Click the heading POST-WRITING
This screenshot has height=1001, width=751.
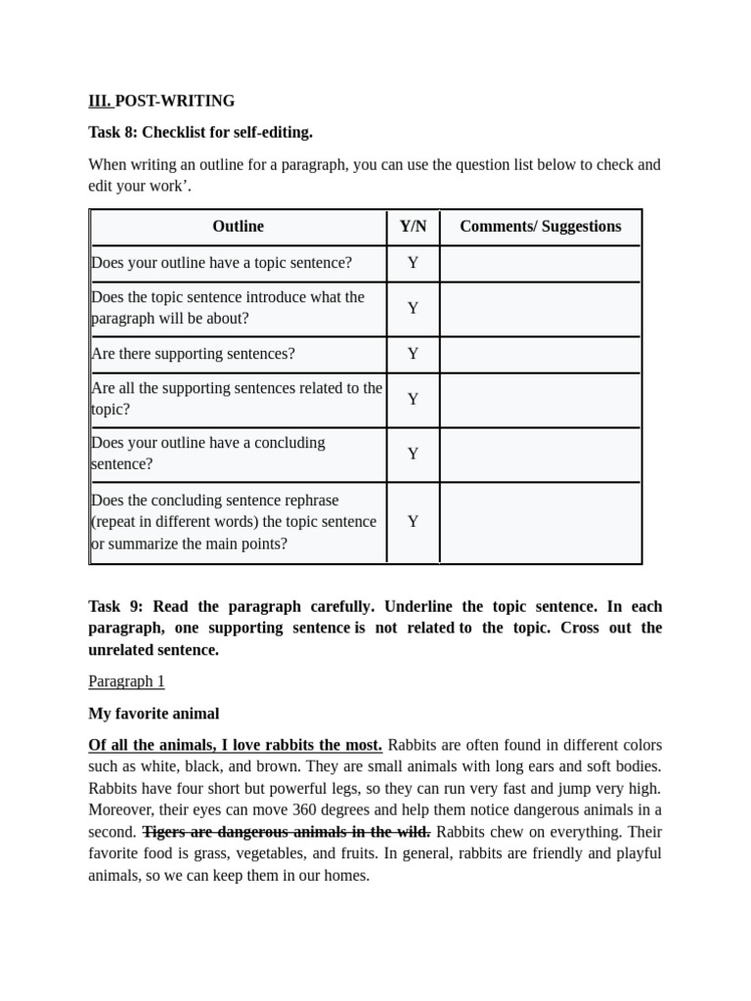point(175,101)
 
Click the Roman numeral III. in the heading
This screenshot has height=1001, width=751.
point(100,101)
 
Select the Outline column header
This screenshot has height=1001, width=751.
point(238,227)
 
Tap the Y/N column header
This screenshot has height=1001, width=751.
point(413,227)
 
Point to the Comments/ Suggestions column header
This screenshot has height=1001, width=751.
point(540,227)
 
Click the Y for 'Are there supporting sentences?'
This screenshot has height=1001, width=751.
point(413,354)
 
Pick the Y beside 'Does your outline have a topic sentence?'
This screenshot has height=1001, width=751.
point(413,263)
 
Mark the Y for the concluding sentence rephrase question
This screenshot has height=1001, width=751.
point(413,522)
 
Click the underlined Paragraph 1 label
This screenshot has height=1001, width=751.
point(126,681)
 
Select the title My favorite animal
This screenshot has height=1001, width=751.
point(154,714)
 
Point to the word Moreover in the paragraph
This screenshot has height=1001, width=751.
point(120,809)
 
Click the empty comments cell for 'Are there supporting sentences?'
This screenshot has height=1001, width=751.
point(540,354)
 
